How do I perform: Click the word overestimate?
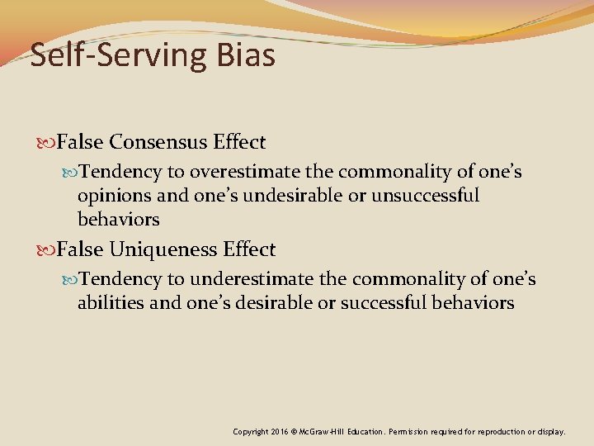(240, 172)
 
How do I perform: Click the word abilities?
(110, 302)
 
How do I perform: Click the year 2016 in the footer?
(278, 432)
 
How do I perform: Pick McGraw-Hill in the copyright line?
(325, 432)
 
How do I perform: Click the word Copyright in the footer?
(250, 432)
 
